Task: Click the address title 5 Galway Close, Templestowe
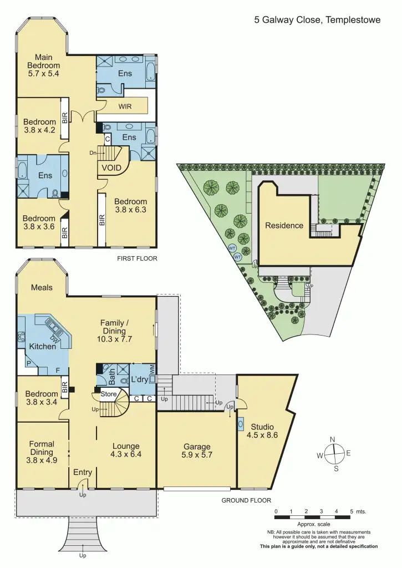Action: click(x=317, y=20)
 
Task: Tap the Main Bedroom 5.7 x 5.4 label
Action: click(x=43, y=65)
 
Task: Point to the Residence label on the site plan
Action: click(x=284, y=225)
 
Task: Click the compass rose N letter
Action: click(x=333, y=439)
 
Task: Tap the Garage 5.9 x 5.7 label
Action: click(x=197, y=450)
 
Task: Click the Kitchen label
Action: click(x=43, y=346)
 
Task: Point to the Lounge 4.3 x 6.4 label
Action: click(x=126, y=450)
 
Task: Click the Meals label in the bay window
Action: click(x=42, y=287)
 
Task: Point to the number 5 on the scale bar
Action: click(x=351, y=511)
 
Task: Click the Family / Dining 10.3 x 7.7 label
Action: click(x=115, y=331)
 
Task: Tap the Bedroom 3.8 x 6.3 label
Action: click(x=131, y=206)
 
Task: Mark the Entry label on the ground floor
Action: click(x=83, y=472)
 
